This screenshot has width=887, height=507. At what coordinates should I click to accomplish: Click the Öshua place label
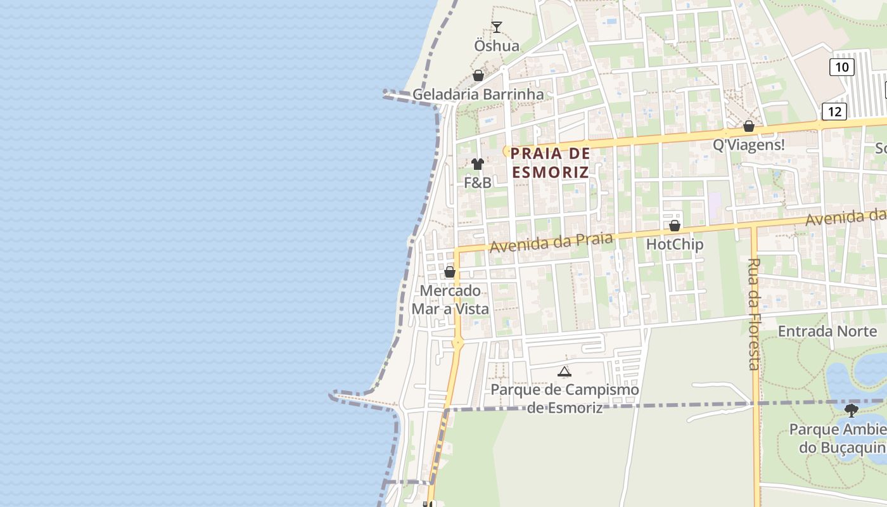tap(497, 46)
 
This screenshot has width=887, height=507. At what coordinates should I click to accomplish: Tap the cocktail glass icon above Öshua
tap(497, 27)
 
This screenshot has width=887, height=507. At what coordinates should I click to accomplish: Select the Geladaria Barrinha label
tap(478, 94)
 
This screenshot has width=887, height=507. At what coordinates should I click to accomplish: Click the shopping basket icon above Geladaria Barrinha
tap(478, 76)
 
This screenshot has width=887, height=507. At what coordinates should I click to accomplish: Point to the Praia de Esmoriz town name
tap(550, 163)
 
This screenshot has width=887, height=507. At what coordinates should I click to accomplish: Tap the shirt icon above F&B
tap(478, 164)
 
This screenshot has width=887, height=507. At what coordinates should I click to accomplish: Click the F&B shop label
tap(478, 183)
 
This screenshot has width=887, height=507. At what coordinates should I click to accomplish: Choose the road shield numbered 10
tap(842, 67)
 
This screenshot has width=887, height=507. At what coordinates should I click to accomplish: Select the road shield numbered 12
tap(834, 112)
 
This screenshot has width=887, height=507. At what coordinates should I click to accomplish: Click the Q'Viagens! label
tap(748, 145)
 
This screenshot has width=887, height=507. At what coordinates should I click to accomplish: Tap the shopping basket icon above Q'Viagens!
tap(749, 126)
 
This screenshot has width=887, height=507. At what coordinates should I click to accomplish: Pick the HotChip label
tap(674, 244)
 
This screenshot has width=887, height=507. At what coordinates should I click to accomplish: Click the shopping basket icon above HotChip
tap(675, 226)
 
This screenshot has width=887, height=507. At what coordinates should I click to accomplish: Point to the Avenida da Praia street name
tap(551, 241)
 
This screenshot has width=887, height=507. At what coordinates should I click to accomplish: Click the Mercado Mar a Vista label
tap(450, 300)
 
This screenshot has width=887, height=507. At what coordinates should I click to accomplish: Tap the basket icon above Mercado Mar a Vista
tap(450, 272)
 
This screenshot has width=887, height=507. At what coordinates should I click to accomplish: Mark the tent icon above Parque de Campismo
tap(565, 371)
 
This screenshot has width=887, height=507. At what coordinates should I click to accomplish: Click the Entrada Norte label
tap(827, 331)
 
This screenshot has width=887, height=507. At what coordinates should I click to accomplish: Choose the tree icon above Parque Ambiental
tap(852, 411)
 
